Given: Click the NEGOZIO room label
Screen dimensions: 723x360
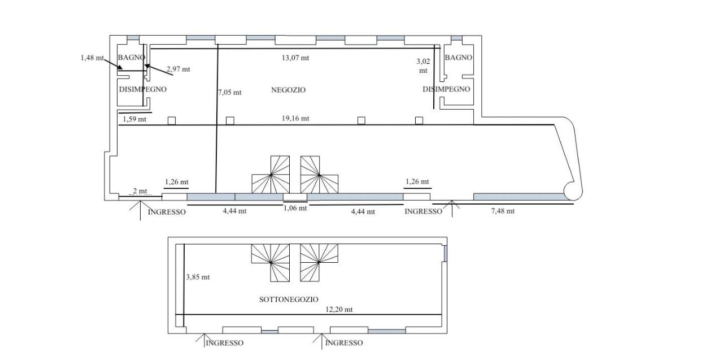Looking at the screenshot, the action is coord(288,90).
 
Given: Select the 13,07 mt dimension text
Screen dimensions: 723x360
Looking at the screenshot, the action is coord(295,58).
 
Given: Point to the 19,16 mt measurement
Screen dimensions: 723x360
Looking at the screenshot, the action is coord(295,119).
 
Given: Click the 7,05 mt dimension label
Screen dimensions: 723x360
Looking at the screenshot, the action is coord(229,92).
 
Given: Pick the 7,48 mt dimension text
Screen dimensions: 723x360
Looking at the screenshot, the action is coord(503,211).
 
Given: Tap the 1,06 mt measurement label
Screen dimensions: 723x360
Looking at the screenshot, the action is coord(295,208).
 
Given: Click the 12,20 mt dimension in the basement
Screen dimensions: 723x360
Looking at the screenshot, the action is coord(339,309).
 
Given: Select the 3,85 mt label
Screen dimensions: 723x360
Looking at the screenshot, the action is coord(198,277).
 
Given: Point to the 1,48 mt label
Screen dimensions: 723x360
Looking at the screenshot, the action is coord(92,58).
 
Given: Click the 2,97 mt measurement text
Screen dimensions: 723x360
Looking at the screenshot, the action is coord(178,69).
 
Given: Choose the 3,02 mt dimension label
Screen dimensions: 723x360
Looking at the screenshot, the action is coord(423,66).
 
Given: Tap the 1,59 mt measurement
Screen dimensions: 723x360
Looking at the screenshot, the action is coord(134,119).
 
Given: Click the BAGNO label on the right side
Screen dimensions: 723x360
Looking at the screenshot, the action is coord(458,58).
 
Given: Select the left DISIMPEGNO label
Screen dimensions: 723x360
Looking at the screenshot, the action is coord(143,89).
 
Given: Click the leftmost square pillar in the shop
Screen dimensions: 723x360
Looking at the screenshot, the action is coord(172,121).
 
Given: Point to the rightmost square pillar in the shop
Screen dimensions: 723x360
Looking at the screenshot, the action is coord(419,120).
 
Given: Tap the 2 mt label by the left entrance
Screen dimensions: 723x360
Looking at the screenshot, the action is coord(140,191).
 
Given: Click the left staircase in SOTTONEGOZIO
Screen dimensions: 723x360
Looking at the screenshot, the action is coord(271,263).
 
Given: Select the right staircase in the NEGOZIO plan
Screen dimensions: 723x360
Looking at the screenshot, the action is coord(319,175).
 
